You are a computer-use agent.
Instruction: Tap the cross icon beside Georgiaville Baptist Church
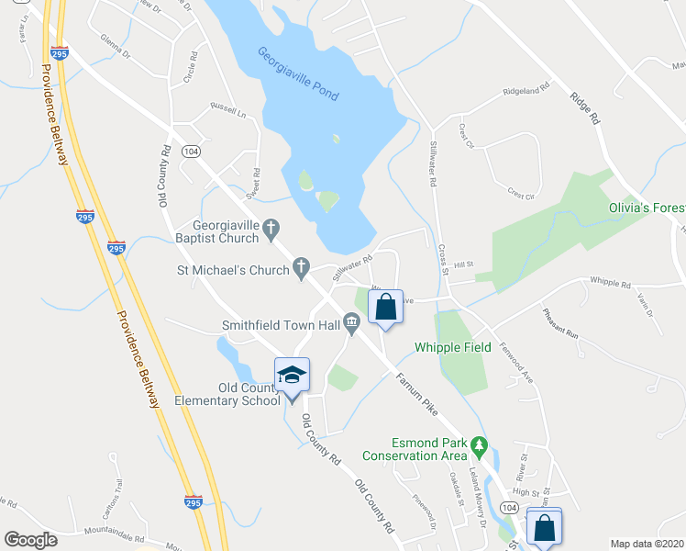coord(271,227)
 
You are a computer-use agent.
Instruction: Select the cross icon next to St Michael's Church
coord(300,269)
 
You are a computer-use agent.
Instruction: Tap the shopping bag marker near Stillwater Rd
coord(385,307)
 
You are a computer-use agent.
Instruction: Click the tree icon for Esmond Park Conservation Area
coord(478,444)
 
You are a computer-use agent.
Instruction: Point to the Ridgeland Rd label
coord(525,92)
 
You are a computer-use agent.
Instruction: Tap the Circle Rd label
coord(191,67)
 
